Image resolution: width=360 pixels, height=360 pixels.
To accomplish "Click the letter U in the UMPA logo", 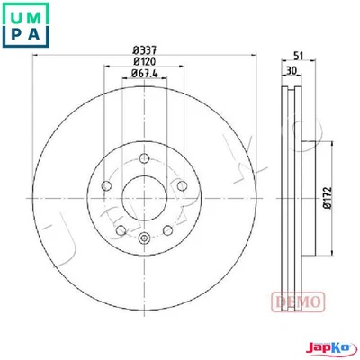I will coord(16,15).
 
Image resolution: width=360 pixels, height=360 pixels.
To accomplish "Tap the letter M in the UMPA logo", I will coord(40,15).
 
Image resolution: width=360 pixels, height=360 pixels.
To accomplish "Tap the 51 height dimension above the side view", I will coord(298,55).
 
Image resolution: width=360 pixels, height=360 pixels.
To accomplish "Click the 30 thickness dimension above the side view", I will coord(290,70).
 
